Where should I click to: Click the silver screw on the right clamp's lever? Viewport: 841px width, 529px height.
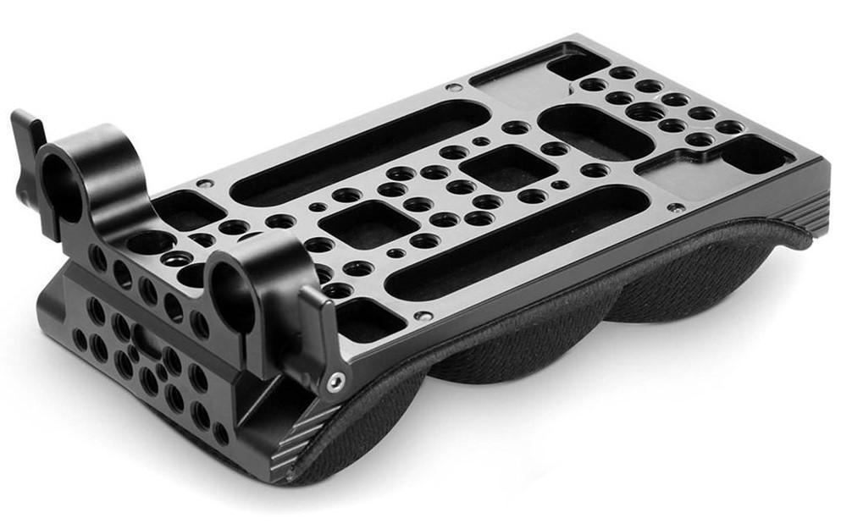[335, 382]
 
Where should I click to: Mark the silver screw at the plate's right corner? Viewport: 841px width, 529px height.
[675, 207]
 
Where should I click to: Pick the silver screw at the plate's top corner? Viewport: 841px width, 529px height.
[454, 87]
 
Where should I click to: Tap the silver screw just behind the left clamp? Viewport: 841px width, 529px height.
[203, 183]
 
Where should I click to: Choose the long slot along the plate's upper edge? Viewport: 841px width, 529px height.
[357, 152]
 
